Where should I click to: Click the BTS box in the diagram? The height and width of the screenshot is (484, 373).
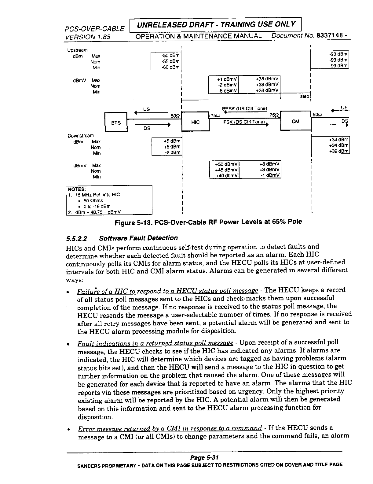(116, 122)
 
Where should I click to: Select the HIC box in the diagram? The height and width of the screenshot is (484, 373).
(195, 122)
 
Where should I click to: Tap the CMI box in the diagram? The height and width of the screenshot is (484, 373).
(295, 122)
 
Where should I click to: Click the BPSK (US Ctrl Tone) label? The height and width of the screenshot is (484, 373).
(244, 108)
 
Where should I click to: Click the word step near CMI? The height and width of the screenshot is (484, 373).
(304, 97)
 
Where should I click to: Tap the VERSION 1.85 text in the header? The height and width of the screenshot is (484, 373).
(87, 37)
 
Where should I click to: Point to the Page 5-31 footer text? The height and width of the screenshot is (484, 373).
(205, 457)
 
